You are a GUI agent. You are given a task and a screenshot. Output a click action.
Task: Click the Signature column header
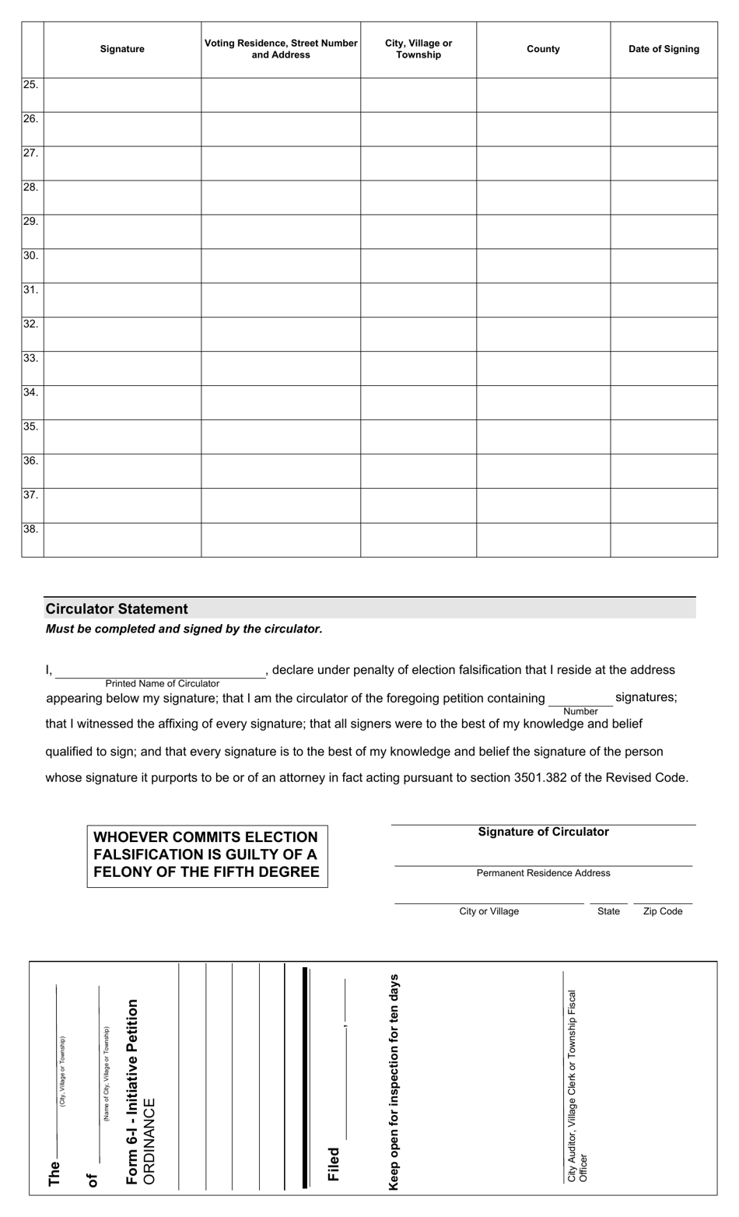click(122, 49)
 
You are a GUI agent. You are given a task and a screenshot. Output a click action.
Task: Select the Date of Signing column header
click(664, 49)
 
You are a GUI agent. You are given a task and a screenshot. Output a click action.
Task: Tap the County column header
click(543, 49)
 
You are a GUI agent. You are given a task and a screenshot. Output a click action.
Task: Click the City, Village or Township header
click(419, 49)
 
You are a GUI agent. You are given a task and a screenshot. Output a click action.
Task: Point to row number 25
click(30, 85)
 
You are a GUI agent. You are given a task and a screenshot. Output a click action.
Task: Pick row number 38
click(30, 530)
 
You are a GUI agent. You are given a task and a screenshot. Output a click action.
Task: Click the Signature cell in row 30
click(122, 266)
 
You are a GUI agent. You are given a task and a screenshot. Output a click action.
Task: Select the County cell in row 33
click(543, 369)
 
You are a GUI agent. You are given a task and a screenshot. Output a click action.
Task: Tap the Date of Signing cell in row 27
click(664, 163)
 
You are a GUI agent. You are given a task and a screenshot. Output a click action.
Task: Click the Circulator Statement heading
click(117, 609)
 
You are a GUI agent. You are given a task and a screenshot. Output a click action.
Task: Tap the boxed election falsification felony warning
click(207, 855)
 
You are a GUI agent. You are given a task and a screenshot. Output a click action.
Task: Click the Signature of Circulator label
click(543, 832)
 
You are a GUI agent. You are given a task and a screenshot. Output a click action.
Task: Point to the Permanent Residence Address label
click(543, 873)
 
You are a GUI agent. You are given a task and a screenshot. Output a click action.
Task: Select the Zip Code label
click(663, 911)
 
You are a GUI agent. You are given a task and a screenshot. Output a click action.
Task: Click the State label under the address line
click(608, 911)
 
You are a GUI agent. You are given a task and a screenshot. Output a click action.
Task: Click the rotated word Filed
click(334, 1164)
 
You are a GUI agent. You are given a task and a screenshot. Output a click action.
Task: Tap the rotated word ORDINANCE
click(149, 1141)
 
